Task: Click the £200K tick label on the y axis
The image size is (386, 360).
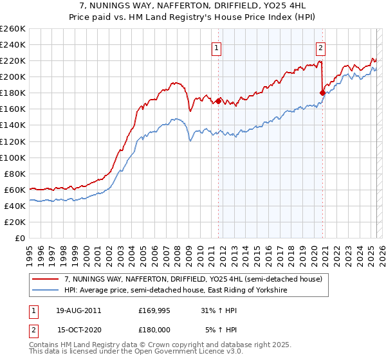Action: (13, 76)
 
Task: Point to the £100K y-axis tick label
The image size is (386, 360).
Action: (13, 157)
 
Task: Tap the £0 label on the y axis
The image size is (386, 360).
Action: (21, 238)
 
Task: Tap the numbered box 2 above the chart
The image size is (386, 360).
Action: (320, 47)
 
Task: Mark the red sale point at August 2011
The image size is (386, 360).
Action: (219, 101)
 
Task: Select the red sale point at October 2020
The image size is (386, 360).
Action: (322, 93)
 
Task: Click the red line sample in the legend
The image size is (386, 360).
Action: (46, 278)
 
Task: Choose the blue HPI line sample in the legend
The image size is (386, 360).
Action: (46, 291)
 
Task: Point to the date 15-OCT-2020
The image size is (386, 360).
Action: (79, 329)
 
